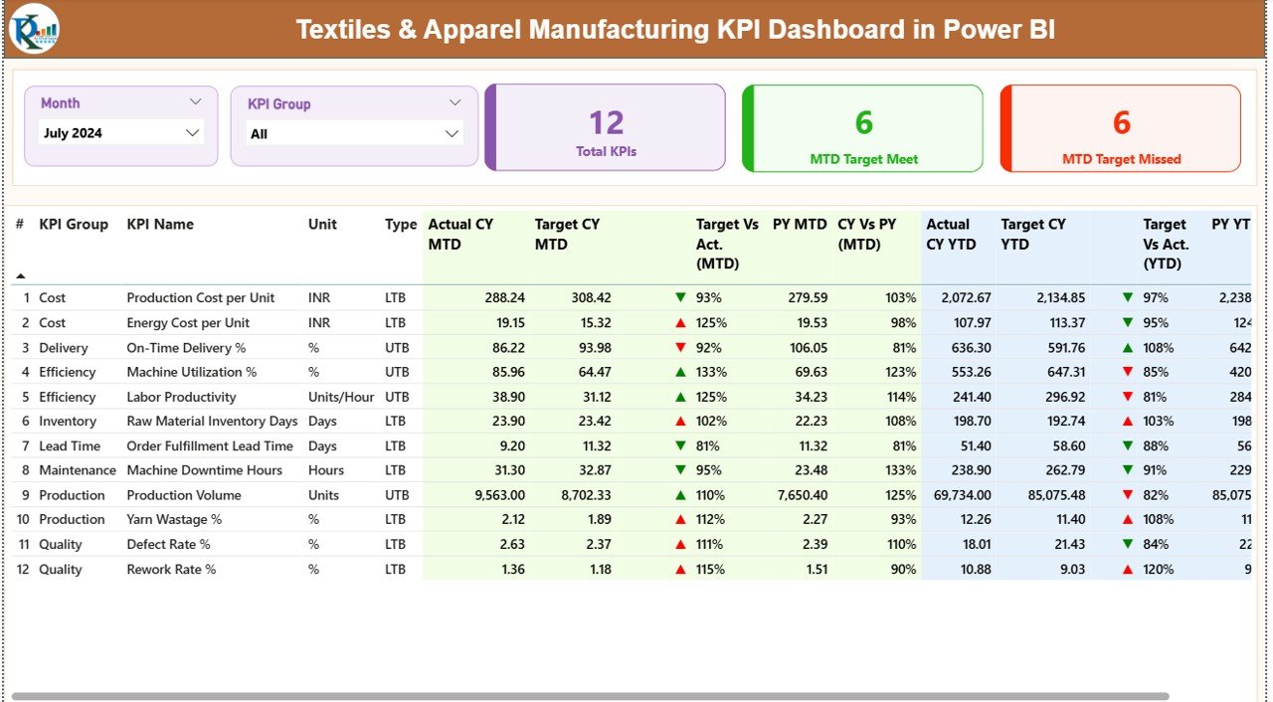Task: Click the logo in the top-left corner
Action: pyautogui.click(x=34, y=29)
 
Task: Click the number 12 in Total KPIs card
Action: pyautogui.click(x=606, y=122)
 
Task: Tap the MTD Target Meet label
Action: pyautogui.click(x=863, y=159)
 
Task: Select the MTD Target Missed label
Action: pyautogui.click(x=1121, y=159)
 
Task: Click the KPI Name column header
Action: pyautogui.click(x=160, y=225)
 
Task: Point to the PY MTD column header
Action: pyautogui.click(x=799, y=225)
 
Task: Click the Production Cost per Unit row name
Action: pyautogui.click(x=200, y=298)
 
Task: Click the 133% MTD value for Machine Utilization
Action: pyautogui.click(x=710, y=372)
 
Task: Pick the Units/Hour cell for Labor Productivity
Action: pyautogui.click(x=341, y=397)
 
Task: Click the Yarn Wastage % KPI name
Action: pyautogui.click(x=174, y=520)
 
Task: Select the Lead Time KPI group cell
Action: pyautogui.click(x=69, y=446)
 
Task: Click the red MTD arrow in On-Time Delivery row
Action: pyautogui.click(x=680, y=348)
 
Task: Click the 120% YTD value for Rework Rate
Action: pyautogui.click(x=1158, y=570)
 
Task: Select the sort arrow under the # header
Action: pyautogui.click(x=20, y=275)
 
